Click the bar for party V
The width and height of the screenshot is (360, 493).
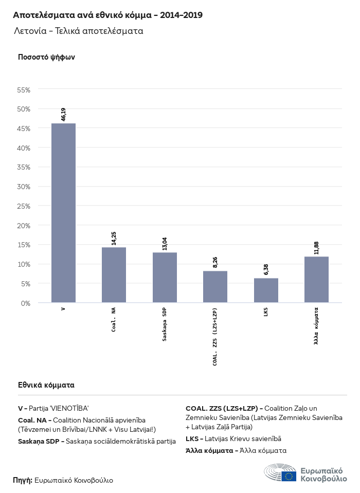[x=63, y=213]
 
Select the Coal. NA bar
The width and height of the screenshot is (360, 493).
[x=114, y=275]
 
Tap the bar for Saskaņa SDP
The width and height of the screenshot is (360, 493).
[x=165, y=278]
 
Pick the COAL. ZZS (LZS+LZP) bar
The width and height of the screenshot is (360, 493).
[x=215, y=287]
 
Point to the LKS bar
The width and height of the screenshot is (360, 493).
[x=266, y=290]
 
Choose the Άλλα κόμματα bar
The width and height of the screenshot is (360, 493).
[x=316, y=280]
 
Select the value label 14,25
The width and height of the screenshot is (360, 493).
[x=114, y=238]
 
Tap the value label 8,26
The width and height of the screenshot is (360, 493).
[x=215, y=263]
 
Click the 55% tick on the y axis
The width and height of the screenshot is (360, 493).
[x=24, y=89]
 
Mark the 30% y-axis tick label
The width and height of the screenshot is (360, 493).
[x=24, y=187]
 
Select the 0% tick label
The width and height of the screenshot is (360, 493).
[x=26, y=303]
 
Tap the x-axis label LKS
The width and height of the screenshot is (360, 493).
[x=266, y=312]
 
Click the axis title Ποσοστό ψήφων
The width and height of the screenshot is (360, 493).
[x=46, y=57]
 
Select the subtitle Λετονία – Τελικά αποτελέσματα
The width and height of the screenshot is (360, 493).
[x=78, y=31]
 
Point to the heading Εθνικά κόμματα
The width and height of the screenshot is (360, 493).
[x=46, y=385]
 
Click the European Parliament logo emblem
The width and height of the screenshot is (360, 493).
[x=280, y=473]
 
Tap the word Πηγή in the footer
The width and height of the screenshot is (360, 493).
[x=22, y=480]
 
